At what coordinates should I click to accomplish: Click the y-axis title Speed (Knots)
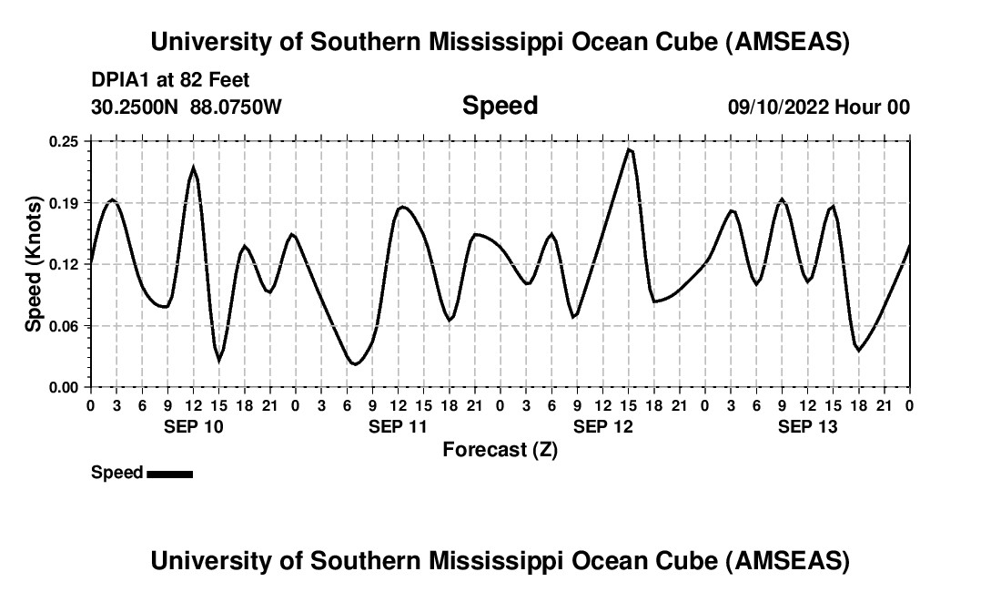click(33, 264)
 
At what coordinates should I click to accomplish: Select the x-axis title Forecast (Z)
click(500, 449)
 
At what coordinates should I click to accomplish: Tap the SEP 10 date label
click(193, 427)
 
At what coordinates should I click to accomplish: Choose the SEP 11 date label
click(398, 427)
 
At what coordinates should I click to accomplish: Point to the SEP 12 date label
click(602, 427)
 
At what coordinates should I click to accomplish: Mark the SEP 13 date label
click(807, 427)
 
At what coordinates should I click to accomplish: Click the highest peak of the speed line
click(629, 149)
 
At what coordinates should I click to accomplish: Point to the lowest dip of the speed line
click(355, 364)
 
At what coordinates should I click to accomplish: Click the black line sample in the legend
click(169, 474)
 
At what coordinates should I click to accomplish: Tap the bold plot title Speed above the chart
click(500, 106)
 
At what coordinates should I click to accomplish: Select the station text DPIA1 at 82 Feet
click(170, 80)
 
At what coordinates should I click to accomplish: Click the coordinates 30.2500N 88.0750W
click(187, 107)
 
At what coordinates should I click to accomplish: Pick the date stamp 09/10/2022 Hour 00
click(818, 107)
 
